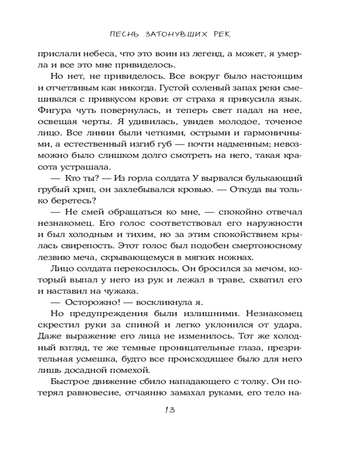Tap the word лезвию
[x=67, y=258]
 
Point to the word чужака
[x=136, y=290]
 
